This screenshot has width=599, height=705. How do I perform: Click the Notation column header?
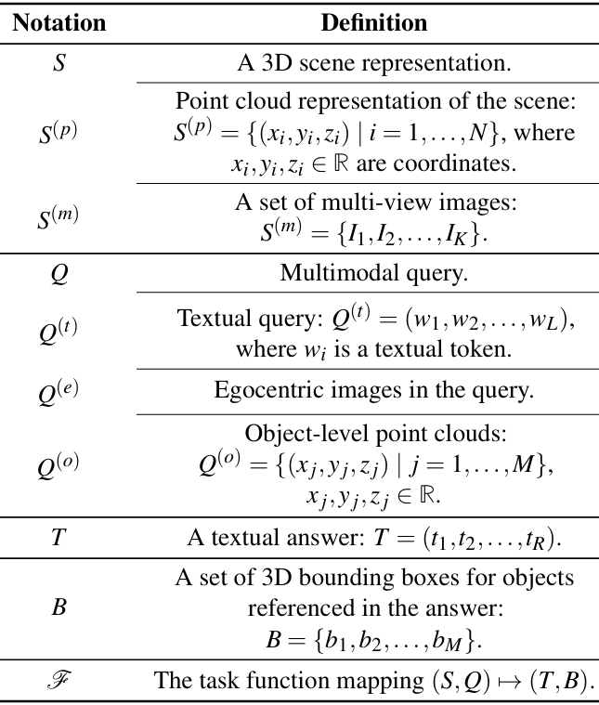coord(58,21)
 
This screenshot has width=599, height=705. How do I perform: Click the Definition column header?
coord(373,21)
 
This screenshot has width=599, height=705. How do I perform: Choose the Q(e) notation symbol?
coord(59,391)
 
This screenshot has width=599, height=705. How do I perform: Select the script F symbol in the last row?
coord(59,680)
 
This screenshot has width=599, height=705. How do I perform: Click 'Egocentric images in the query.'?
coord(373,390)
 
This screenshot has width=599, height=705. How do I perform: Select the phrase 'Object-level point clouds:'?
coord(373,433)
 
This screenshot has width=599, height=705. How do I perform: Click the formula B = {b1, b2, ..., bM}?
coord(373,640)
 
